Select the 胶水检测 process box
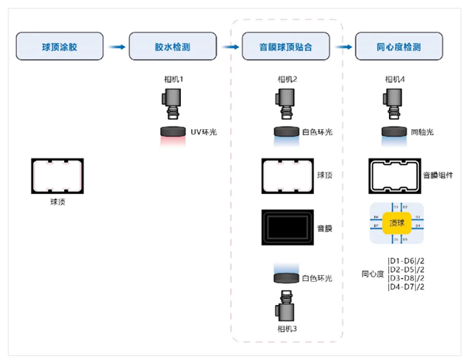click(x=172, y=47)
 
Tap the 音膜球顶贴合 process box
click(x=287, y=47)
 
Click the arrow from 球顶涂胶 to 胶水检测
click(x=116, y=47)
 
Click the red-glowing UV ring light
click(x=172, y=133)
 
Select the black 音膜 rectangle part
click(x=287, y=227)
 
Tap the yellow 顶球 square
click(x=396, y=222)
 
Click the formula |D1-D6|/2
click(x=405, y=260)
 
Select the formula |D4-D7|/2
click(x=405, y=287)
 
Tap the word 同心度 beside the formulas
click(x=373, y=273)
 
